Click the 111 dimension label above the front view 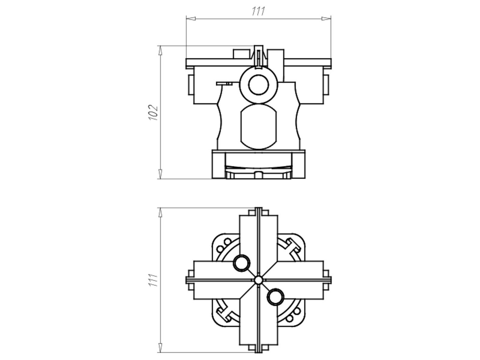pyautogui.click(x=258, y=11)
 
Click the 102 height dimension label pyautogui.click(x=153, y=112)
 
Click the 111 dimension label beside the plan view pyautogui.click(x=153, y=280)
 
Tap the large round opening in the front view pyautogui.click(x=258, y=85)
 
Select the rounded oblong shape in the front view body pyautogui.click(x=258, y=127)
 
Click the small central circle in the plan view pyautogui.click(x=258, y=280)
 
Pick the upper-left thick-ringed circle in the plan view pyautogui.click(x=241, y=263)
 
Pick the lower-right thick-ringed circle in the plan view pyautogui.click(x=275, y=297)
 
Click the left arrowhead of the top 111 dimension pyautogui.click(x=191, y=19)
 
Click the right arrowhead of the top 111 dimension pyautogui.click(x=326, y=19)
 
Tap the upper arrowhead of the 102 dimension pyautogui.click(x=160, y=50)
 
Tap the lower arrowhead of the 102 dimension pyautogui.click(x=160, y=174)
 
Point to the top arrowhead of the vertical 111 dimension pyautogui.click(x=160, y=212)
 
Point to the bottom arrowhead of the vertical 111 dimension pyautogui.click(x=160, y=348)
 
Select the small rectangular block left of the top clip pyautogui.click(x=242, y=54)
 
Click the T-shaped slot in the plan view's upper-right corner pyautogui.click(x=292, y=247)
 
